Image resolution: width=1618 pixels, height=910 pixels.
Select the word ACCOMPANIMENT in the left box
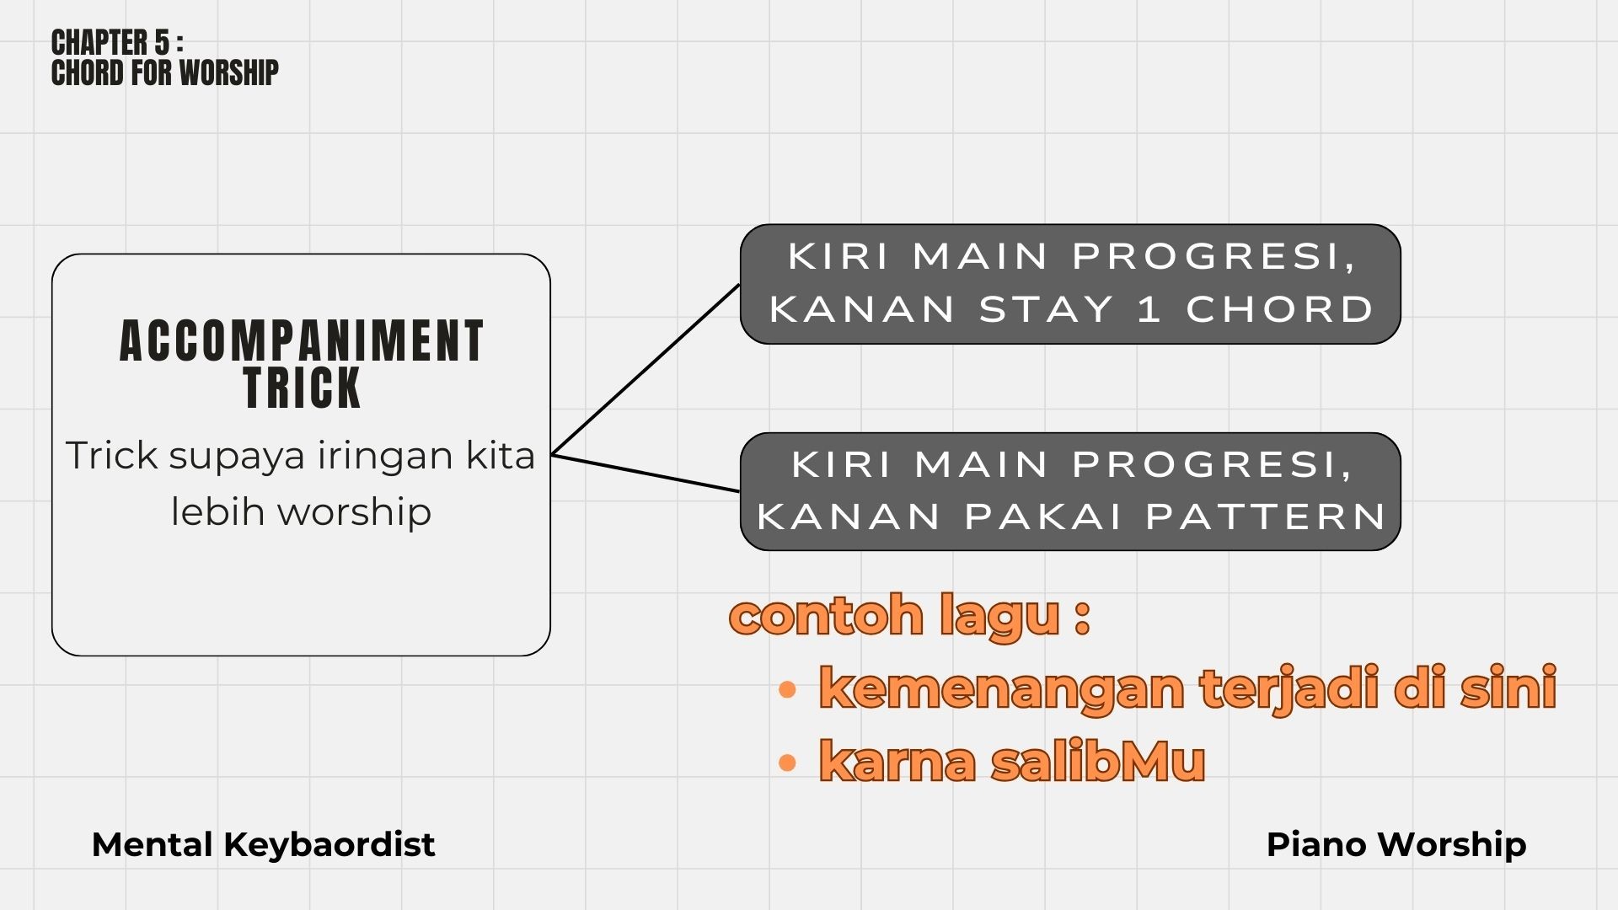coord(302,341)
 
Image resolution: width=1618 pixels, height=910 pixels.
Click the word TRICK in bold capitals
coord(302,388)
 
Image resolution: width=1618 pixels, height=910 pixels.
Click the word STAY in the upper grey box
coord(1047,309)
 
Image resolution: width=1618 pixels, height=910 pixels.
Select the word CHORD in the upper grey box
coord(1280,309)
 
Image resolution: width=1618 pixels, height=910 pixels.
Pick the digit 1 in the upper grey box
coord(1149,309)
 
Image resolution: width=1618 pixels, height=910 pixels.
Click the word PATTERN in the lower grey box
coord(1266,517)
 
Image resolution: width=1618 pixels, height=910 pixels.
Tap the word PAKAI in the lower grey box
coord(1043,517)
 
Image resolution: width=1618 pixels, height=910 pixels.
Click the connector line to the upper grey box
coord(646,370)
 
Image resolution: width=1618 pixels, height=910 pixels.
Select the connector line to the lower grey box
coord(646,473)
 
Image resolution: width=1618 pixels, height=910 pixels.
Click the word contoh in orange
coord(826,615)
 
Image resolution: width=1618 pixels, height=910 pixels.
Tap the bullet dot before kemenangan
coord(787,691)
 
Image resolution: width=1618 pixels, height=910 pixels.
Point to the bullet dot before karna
coord(787,763)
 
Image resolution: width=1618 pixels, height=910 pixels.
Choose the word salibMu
coord(1097,761)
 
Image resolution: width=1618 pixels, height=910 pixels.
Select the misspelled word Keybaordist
coord(329,845)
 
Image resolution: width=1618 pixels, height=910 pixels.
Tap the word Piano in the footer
coord(1316,844)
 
